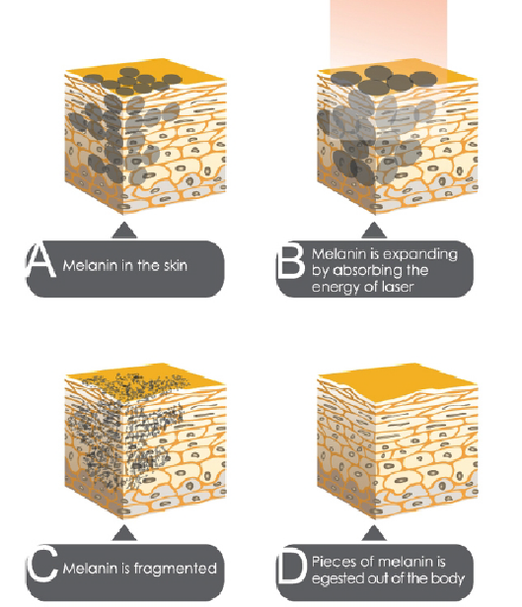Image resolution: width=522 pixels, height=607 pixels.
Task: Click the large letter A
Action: [x=40, y=260]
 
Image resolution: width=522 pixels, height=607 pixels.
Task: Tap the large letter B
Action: [x=291, y=260]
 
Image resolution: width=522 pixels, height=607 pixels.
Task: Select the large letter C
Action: [x=42, y=564]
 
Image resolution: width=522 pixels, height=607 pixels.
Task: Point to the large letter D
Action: [x=292, y=565]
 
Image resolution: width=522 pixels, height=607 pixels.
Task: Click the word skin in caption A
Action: [x=176, y=266]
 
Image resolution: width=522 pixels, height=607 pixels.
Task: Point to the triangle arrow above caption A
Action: [x=124, y=230]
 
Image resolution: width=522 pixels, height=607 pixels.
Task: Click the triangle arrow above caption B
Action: [x=374, y=230]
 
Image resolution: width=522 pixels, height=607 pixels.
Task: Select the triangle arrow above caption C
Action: [x=124, y=533]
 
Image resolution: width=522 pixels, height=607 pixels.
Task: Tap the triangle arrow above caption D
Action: [x=374, y=533]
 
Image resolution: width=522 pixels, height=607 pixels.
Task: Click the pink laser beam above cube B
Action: [x=389, y=34]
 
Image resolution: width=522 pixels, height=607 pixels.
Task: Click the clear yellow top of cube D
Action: [x=399, y=382]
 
